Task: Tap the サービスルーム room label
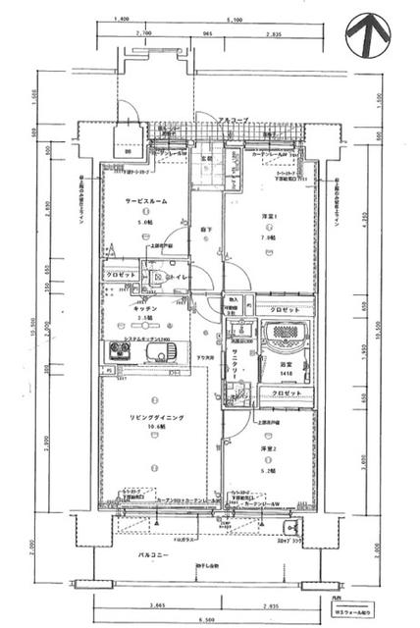pos(145,200)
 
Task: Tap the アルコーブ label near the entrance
pos(234,120)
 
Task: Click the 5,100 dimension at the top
pos(235,19)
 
